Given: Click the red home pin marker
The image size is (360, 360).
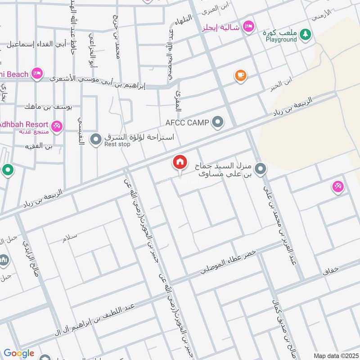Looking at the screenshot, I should (180, 162).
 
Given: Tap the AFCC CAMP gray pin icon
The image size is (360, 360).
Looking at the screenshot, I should (218, 122).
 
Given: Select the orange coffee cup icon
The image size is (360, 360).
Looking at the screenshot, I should (241, 75).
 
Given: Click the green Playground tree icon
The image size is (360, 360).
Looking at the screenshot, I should (306, 34).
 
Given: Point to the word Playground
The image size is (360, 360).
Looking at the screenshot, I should (281, 40).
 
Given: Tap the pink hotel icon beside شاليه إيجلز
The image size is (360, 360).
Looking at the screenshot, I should (247, 27).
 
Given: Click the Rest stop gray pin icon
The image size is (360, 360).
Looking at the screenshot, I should (95, 139).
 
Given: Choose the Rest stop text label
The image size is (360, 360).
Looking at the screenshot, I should (117, 144).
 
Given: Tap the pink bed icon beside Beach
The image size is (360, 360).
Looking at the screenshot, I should (37, 73).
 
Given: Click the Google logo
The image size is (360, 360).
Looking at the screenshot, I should (19, 353).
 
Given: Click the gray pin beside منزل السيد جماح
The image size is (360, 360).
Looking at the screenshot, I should (260, 169).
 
